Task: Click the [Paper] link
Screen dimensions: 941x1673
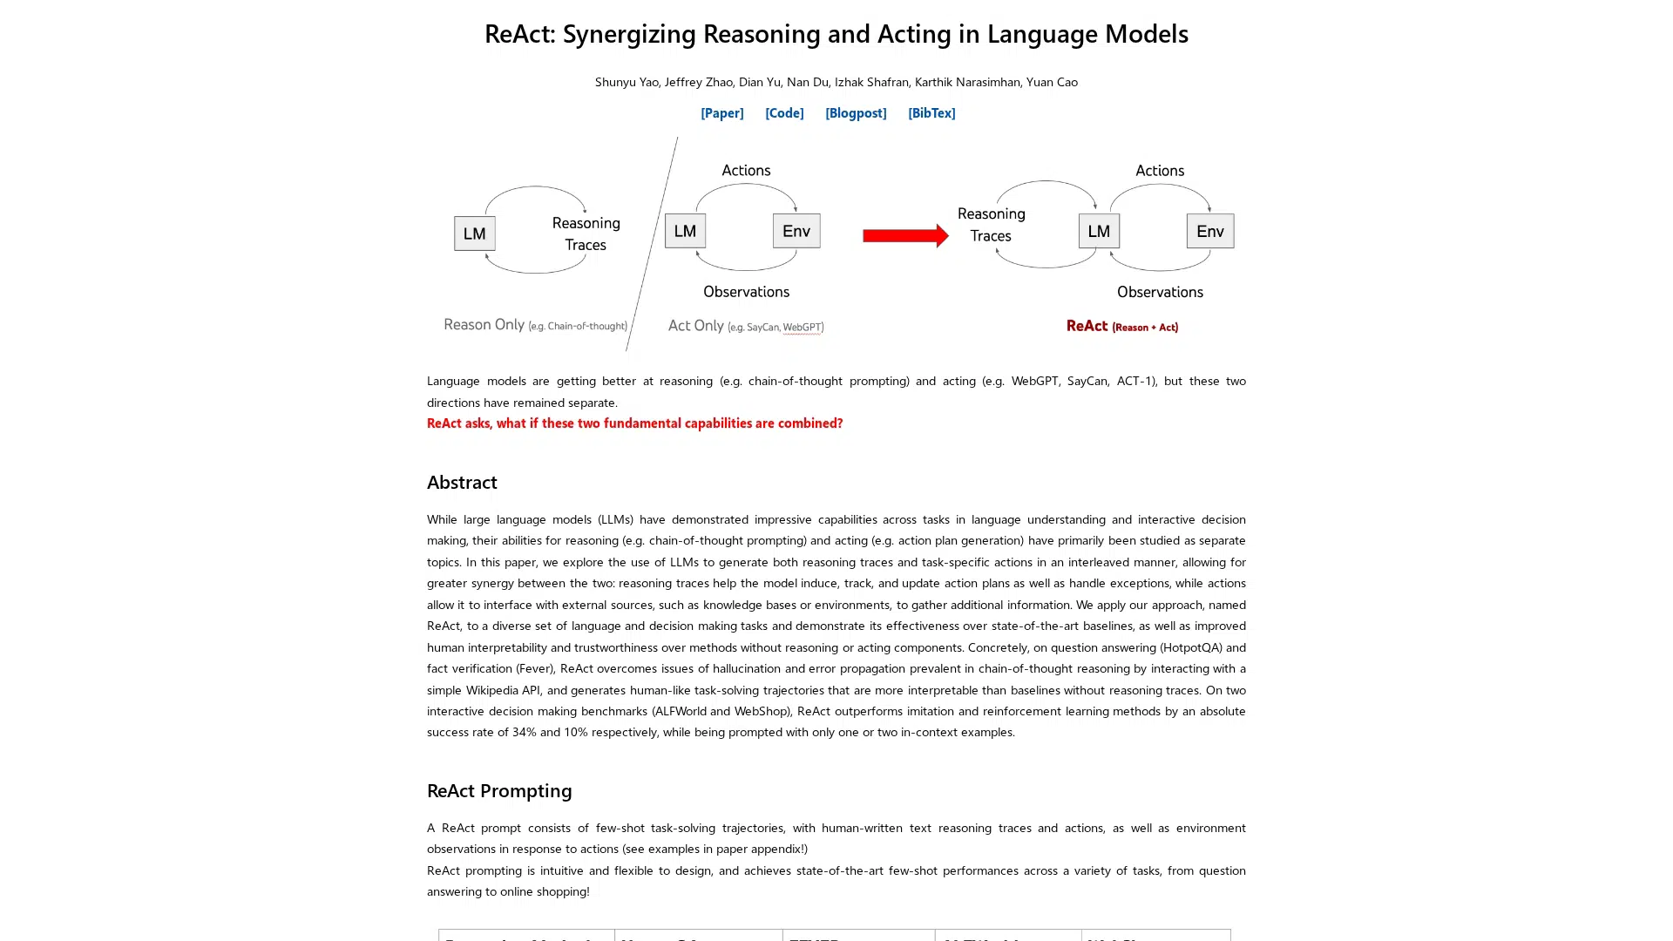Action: coord(721,112)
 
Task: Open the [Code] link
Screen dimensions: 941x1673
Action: coord(784,112)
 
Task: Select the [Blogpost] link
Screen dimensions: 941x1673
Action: coord(855,112)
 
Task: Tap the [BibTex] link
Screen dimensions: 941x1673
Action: coord(931,112)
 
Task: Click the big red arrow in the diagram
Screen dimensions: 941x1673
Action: coord(904,235)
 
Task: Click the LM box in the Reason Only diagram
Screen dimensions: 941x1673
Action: coord(475,234)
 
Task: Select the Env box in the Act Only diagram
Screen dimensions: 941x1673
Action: coord(796,231)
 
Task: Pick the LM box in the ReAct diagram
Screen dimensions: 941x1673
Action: coord(1099,231)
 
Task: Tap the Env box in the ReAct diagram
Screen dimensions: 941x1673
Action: coord(1209,231)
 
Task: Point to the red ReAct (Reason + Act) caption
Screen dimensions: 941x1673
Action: coord(1121,326)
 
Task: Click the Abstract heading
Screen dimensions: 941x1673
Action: coord(462,482)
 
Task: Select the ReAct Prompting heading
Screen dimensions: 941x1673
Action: coord(499,790)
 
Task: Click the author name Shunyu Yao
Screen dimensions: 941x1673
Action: coord(627,82)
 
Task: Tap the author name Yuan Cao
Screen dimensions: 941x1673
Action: coord(1052,82)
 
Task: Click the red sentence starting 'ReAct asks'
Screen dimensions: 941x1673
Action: coord(634,423)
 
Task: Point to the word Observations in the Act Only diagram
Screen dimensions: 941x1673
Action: coord(746,292)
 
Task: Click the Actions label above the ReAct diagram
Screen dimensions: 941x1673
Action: coord(1159,171)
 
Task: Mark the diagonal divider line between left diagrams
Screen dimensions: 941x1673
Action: coord(652,244)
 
